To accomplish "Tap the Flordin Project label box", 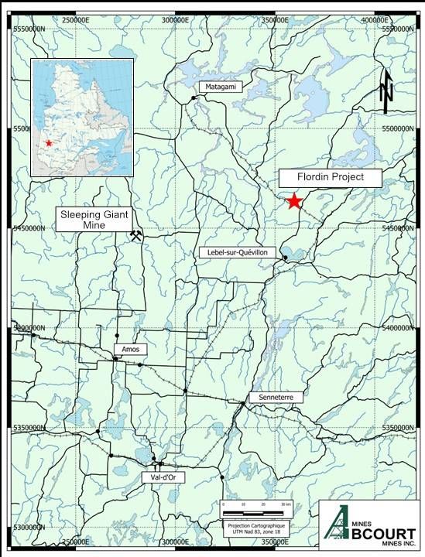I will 331,178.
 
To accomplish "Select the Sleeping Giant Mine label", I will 93,219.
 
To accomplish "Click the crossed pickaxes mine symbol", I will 137,235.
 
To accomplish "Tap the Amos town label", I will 129,350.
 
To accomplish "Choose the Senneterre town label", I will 270,397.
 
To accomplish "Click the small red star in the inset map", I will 49,143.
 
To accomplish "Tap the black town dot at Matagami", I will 193,98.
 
